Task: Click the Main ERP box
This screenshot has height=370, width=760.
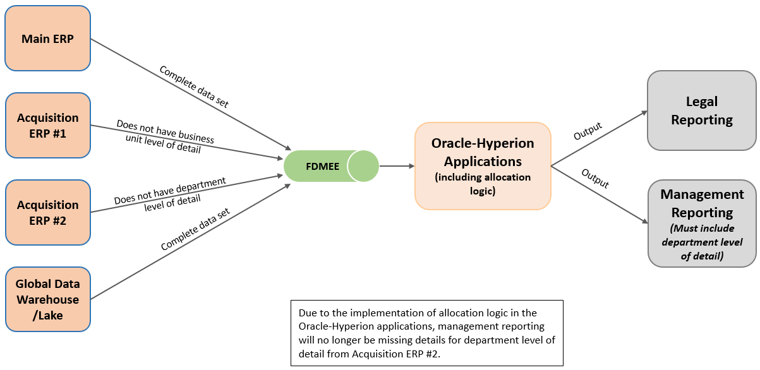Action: (x=47, y=39)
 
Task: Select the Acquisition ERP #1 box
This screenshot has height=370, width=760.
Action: (x=47, y=126)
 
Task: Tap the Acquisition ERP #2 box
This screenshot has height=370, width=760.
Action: (x=47, y=213)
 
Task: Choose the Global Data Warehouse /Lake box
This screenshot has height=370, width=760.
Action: (x=47, y=299)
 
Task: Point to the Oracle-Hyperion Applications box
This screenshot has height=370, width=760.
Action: (x=482, y=166)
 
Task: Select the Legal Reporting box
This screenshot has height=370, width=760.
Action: (x=701, y=110)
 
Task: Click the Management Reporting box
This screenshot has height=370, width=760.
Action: (x=701, y=223)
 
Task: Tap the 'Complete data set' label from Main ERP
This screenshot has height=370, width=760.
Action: (x=194, y=87)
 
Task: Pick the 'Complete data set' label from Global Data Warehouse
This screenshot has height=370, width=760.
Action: (x=195, y=229)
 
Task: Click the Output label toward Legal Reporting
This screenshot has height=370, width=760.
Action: (x=588, y=131)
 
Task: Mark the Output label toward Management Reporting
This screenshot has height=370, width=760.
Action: (x=594, y=179)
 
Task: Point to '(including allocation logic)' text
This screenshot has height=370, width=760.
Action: (x=482, y=183)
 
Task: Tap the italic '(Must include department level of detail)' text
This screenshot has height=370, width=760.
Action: (x=701, y=242)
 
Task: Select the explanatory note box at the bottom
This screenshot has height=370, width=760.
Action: (x=426, y=333)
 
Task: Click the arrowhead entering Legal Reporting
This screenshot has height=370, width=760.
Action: (x=644, y=112)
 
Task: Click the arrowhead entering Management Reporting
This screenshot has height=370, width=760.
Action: (x=644, y=222)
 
